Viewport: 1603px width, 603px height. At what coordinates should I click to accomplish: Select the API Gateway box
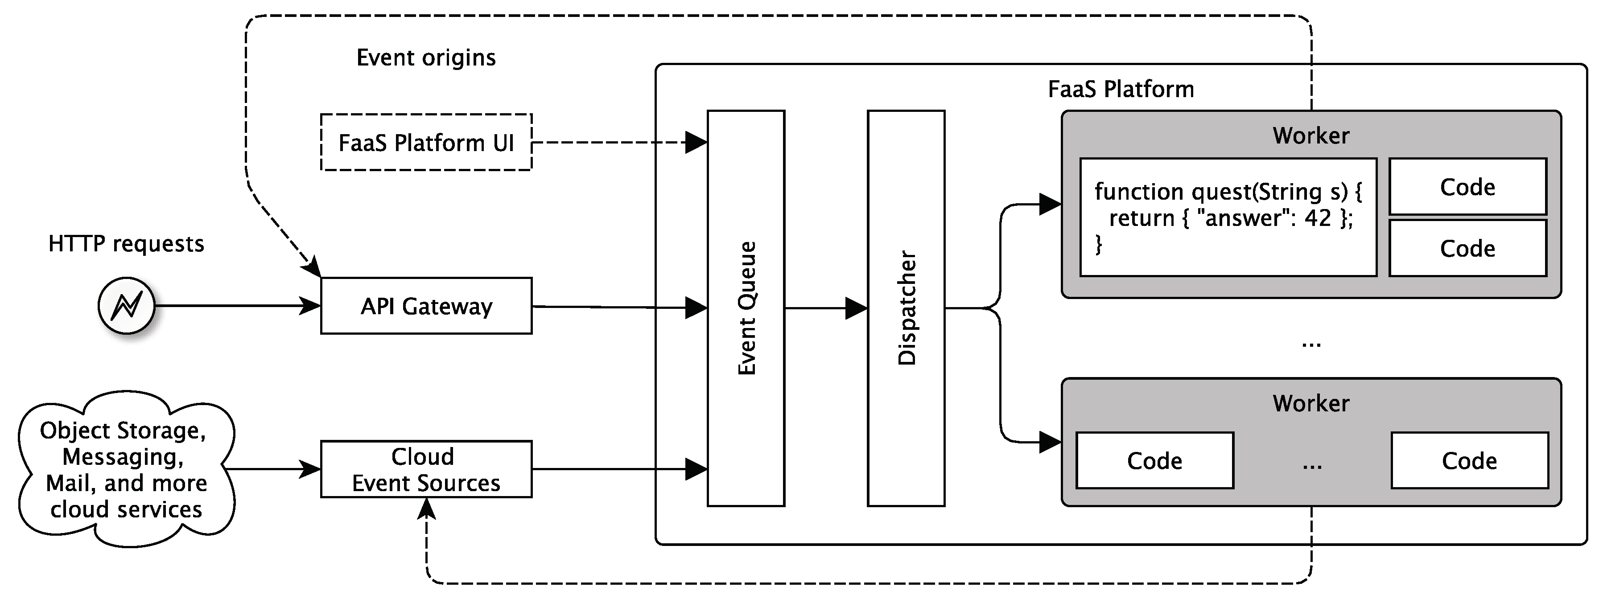[x=426, y=306]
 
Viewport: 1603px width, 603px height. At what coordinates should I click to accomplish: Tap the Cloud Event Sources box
[x=426, y=469]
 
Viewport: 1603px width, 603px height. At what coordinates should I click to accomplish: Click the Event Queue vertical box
[x=746, y=308]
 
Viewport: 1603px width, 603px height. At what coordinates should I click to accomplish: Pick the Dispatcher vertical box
[x=906, y=308]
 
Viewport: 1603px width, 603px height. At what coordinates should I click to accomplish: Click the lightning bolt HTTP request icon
[x=126, y=306]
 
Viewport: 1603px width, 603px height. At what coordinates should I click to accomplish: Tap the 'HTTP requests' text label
[x=126, y=244]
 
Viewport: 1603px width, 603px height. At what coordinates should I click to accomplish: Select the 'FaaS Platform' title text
[x=1120, y=90]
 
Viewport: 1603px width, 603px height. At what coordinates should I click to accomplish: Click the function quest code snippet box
[x=1227, y=217]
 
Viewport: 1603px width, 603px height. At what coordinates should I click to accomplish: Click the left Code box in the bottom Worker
[x=1154, y=460]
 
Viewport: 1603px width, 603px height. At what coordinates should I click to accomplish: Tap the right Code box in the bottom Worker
[x=1469, y=460]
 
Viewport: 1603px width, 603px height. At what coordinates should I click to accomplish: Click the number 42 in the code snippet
[x=1317, y=218]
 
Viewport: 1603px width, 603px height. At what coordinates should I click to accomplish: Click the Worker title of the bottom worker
[x=1310, y=403]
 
